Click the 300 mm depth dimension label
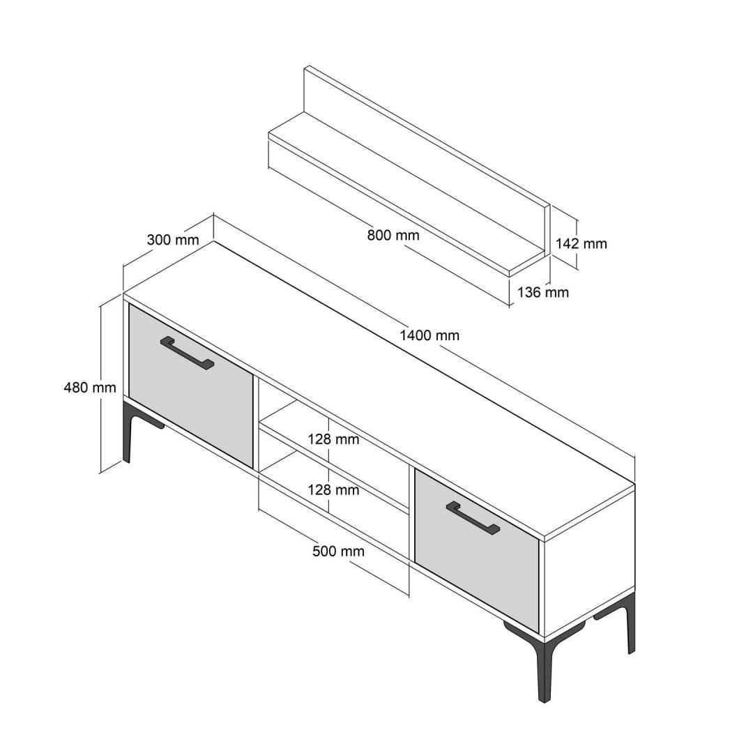[172, 239]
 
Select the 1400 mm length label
[429, 335]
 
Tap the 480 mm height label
[90, 387]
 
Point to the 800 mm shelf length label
[393, 235]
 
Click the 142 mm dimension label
[581, 243]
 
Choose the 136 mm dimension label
[542, 292]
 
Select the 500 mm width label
[338, 552]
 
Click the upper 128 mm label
[333, 439]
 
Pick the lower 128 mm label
[333, 490]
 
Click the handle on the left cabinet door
[187, 353]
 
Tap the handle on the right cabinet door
[473, 518]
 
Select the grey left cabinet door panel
[190, 386]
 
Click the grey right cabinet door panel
[477, 551]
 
